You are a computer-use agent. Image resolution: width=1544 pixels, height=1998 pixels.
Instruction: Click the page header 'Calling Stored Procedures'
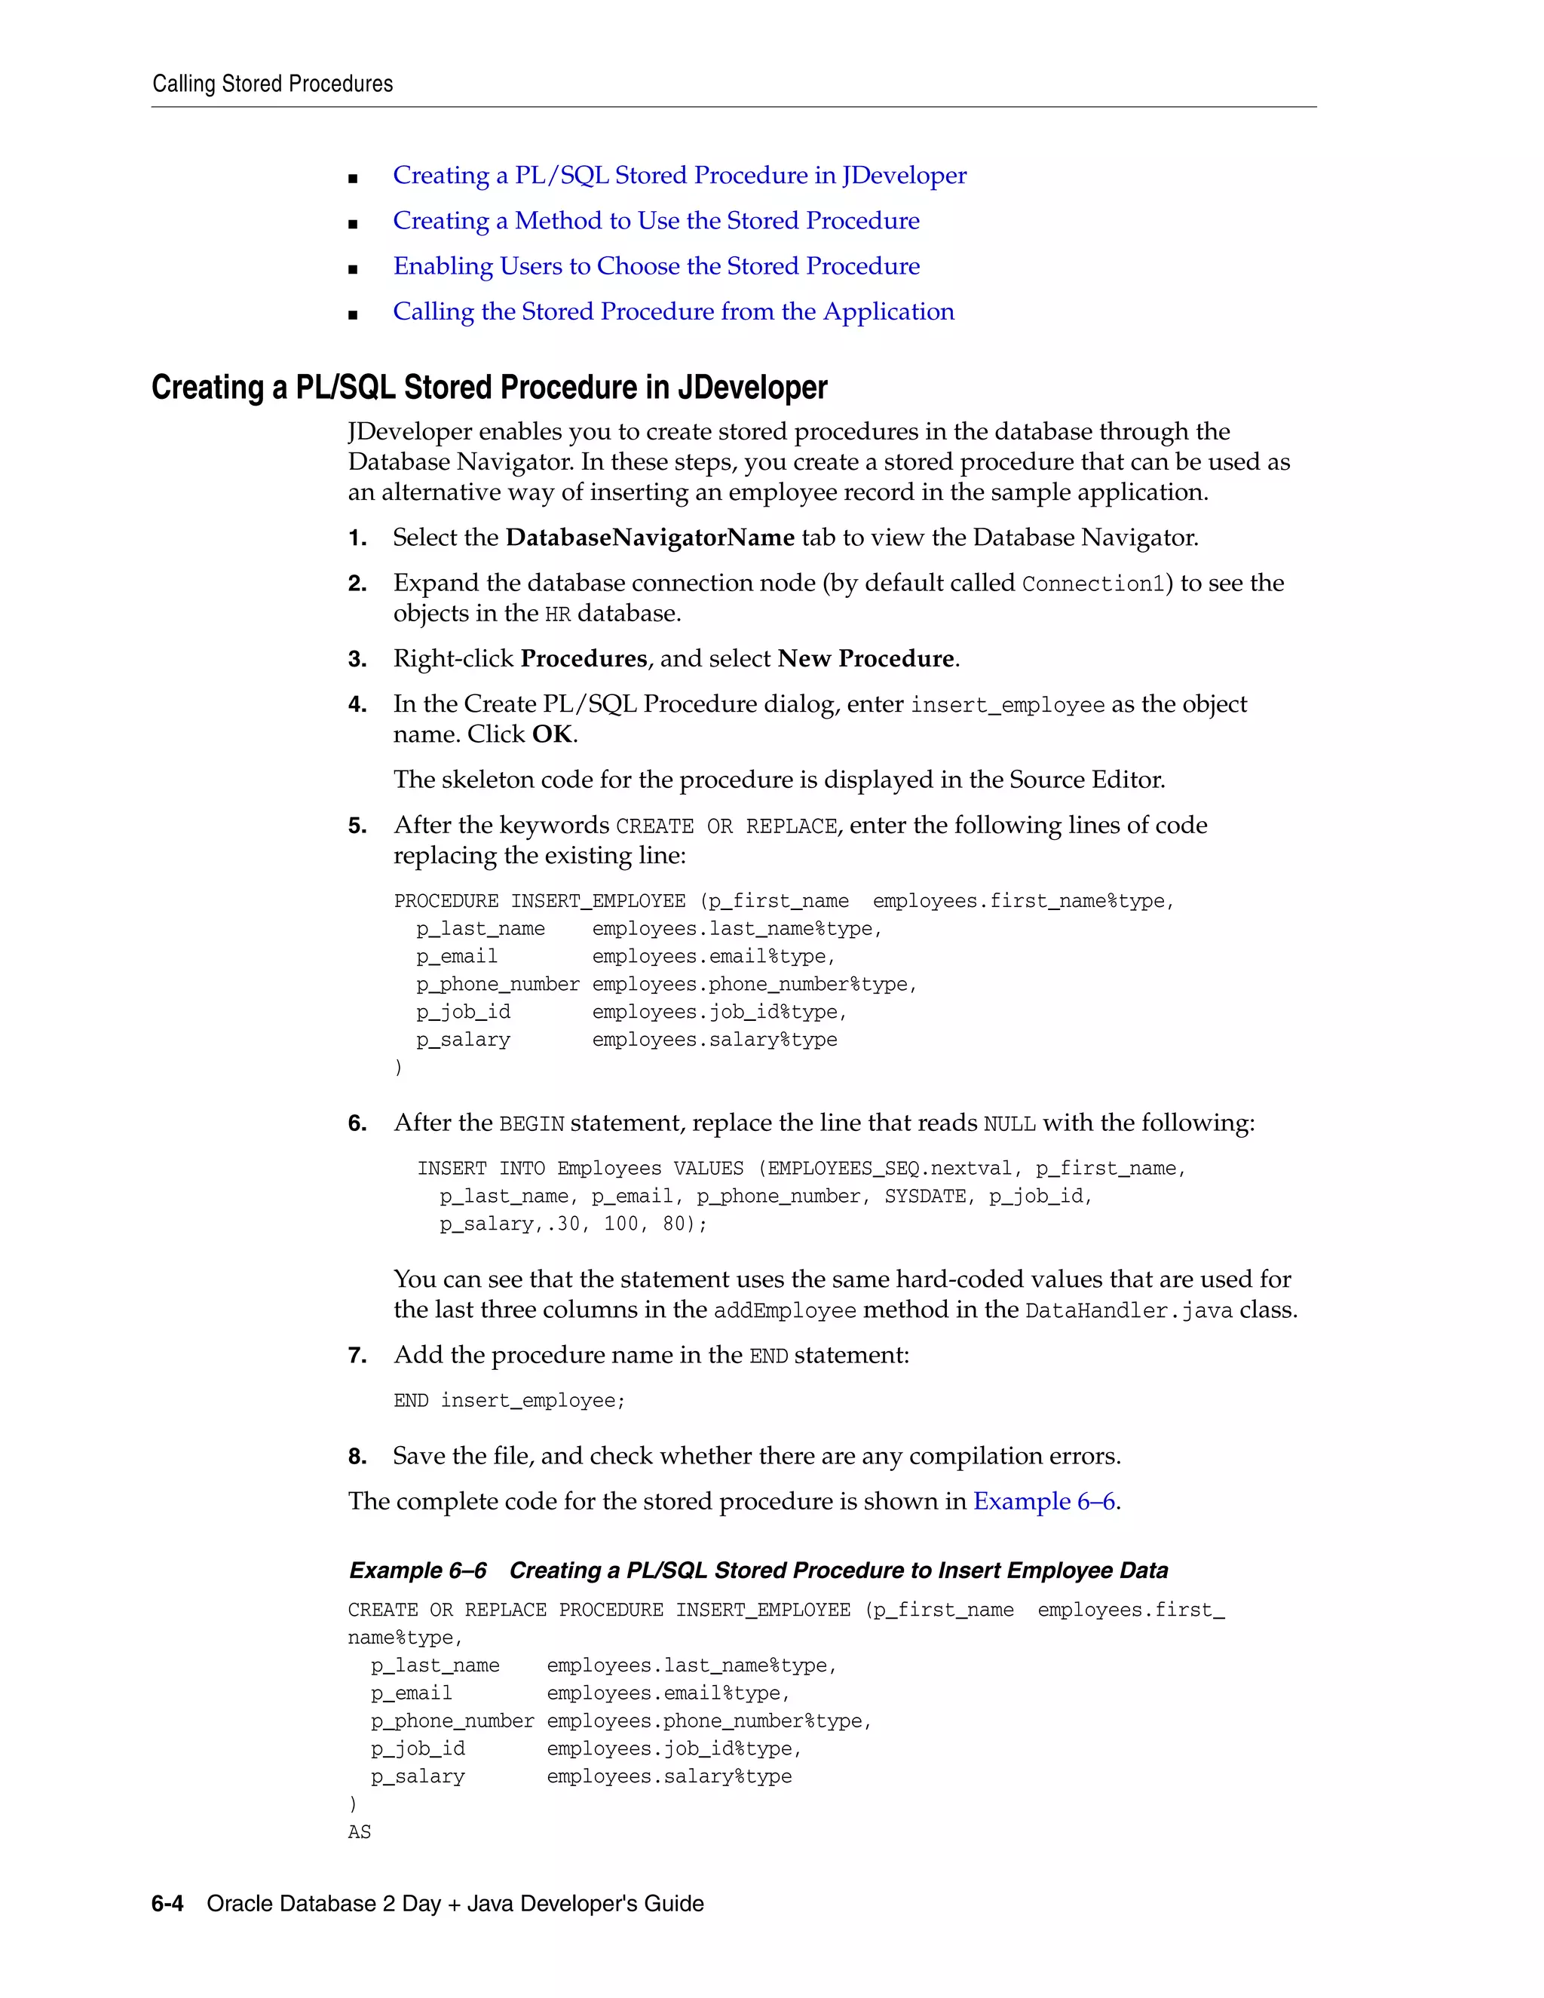273,84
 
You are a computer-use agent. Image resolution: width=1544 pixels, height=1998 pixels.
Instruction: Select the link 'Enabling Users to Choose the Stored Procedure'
656,266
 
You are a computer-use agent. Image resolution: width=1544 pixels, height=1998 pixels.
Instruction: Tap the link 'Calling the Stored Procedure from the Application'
673,312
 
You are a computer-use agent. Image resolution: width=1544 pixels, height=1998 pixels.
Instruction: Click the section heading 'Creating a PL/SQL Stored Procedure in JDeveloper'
489,388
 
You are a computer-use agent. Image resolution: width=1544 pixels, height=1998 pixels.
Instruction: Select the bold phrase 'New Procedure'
865,660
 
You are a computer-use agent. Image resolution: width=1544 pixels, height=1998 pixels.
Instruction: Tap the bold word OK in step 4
553,734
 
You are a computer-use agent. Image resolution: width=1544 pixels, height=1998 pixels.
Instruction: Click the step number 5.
356,827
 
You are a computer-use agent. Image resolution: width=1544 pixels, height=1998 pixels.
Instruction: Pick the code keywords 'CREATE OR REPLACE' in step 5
726,827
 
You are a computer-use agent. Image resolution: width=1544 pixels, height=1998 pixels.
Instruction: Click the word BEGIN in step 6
532,1124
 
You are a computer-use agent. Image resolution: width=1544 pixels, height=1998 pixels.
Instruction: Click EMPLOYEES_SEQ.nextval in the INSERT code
889,1169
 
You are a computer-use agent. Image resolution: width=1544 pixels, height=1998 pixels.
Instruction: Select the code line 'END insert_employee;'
510,1402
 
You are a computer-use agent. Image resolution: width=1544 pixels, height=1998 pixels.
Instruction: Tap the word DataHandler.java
1129,1311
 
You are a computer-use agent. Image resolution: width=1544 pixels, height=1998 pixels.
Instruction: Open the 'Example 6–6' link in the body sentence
1043,1502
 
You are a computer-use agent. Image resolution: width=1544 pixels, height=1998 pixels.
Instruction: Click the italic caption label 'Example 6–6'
418,1571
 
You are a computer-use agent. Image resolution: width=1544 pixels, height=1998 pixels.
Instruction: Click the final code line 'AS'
360,1832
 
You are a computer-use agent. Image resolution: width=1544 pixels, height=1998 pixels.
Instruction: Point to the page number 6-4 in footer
167,1905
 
